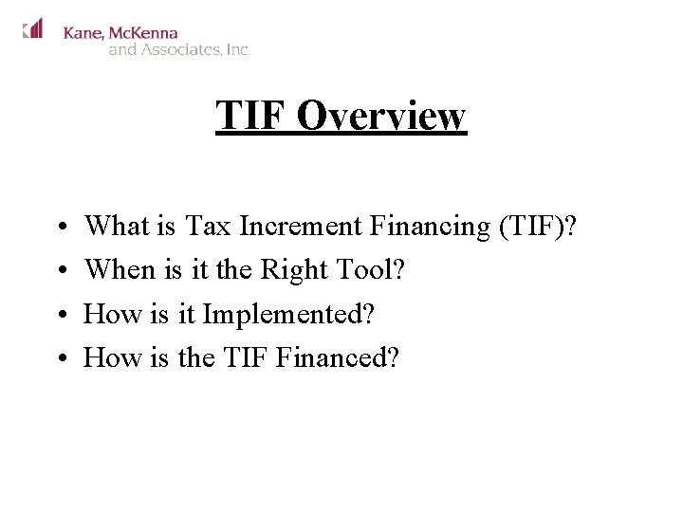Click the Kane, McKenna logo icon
pos(33,28)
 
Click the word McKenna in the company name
pos(143,32)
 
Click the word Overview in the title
pos(381,116)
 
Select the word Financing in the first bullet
pos(429,228)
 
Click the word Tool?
pos(371,270)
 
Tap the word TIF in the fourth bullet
pos(249,357)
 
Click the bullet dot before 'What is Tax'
pos(59,229)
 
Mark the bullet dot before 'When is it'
pos(59,272)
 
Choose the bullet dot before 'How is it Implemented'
pos(59,316)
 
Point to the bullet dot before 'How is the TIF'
pos(59,359)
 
